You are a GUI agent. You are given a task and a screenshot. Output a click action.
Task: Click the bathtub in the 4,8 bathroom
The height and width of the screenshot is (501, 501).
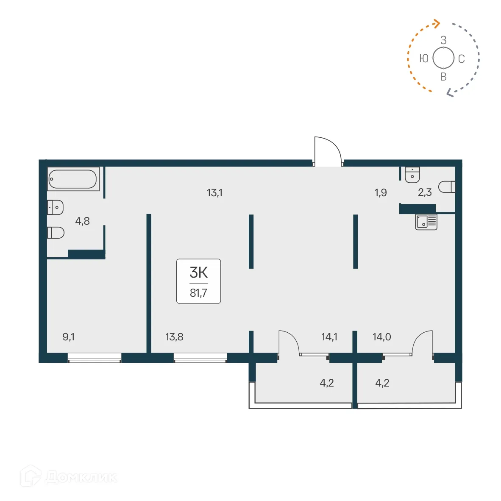click(73, 179)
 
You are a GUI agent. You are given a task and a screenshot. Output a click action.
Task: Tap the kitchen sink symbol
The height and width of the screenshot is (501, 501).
click(426, 222)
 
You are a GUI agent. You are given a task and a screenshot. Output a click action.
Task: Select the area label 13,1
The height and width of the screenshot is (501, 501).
click(214, 193)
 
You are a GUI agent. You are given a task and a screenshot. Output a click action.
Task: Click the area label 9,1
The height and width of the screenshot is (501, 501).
click(69, 337)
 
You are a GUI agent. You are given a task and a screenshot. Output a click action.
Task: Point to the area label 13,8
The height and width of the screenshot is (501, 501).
click(174, 337)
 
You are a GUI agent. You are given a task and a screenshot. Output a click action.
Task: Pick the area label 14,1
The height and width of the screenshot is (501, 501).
click(329, 337)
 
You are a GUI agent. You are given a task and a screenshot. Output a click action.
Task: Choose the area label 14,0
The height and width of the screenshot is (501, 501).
click(381, 337)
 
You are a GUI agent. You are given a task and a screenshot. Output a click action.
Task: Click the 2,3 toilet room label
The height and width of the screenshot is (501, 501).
click(425, 192)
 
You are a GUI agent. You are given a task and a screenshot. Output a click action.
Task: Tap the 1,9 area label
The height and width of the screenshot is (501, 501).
click(381, 193)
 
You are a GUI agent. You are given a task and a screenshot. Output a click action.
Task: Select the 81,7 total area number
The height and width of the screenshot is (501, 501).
click(198, 293)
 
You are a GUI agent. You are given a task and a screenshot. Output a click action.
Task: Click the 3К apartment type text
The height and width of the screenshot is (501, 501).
click(198, 272)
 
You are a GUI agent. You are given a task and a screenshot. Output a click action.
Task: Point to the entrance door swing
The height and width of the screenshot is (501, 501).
click(328, 150)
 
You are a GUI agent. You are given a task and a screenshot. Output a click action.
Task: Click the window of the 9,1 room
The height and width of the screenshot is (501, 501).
click(95, 358)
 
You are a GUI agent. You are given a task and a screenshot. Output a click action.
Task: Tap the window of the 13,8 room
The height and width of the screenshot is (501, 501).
click(200, 358)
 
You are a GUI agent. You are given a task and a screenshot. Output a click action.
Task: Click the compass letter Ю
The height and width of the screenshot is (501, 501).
click(423, 58)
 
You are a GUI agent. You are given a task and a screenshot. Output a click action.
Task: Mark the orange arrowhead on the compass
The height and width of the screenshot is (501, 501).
click(437, 23)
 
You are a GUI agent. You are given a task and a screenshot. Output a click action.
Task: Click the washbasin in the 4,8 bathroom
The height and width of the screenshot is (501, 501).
click(55, 207)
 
